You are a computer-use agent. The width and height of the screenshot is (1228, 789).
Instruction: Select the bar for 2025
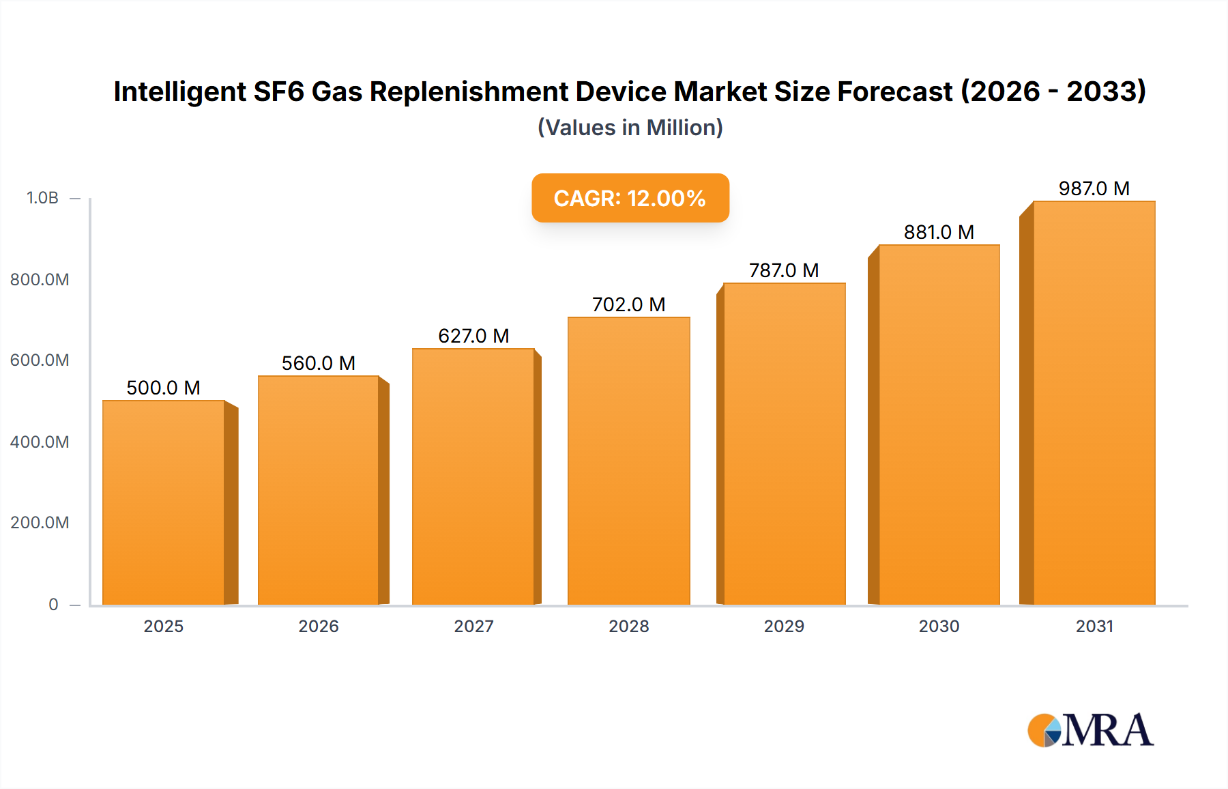[x=164, y=502]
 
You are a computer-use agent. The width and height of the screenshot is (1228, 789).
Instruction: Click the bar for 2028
[x=628, y=461]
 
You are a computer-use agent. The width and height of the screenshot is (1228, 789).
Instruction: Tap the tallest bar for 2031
[x=1094, y=403]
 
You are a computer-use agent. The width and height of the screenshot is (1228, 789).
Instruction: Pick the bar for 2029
[x=784, y=444]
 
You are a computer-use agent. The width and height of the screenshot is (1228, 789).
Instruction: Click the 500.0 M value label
[x=164, y=388]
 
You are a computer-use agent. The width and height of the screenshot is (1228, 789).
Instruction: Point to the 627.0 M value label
[x=473, y=336]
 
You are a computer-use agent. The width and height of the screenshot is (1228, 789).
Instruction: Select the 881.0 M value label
[x=939, y=232]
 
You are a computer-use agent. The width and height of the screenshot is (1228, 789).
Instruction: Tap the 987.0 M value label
[x=1094, y=188]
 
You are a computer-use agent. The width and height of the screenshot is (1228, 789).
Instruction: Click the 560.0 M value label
[x=319, y=363]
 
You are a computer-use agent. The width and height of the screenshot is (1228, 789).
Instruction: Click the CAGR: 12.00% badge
[x=630, y=198]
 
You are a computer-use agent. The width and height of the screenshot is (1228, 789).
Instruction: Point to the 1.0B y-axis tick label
[x=42, y=198]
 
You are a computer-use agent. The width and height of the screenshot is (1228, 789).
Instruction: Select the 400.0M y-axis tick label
[x=40, y=442]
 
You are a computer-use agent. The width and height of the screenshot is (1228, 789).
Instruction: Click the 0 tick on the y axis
[x=53, y=604]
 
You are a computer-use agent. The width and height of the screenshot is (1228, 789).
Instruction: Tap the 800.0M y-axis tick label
[x=40, y=279]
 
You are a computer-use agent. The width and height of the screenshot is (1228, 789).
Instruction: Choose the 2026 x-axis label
[x=319, y=626]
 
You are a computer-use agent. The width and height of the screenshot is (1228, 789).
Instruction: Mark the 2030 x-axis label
[x=939, y=626]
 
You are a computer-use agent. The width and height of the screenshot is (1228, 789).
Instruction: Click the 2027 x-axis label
[x=473, y=626]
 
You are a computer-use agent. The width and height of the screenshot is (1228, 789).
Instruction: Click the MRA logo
[x=1090, y=730]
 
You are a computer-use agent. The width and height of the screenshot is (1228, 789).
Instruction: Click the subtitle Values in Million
[x=630, y=128]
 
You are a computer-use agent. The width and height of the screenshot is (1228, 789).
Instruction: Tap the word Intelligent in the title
[x=179, y=91]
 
